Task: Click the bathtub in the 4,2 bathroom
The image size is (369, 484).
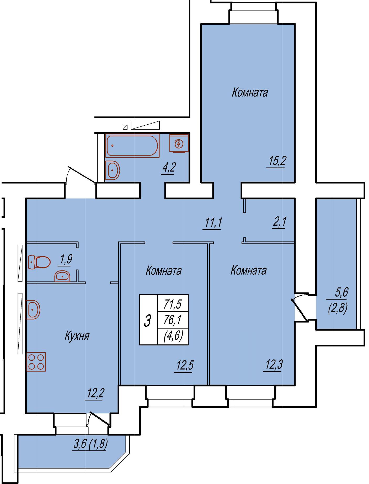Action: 132,146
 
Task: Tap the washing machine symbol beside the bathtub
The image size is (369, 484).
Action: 179,143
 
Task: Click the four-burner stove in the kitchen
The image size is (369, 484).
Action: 36,362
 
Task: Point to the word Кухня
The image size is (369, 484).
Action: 77,336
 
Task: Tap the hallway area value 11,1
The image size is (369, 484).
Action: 213,223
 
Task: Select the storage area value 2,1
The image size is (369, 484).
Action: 280,222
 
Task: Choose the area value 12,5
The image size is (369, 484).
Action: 185,365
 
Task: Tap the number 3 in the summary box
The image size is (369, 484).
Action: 148,320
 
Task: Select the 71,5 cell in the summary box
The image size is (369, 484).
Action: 173,304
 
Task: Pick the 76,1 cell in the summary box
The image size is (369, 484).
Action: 173,320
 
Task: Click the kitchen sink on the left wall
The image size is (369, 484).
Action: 33,310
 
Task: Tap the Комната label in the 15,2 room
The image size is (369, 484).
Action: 250,93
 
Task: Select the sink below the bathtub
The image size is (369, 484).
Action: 113,171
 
